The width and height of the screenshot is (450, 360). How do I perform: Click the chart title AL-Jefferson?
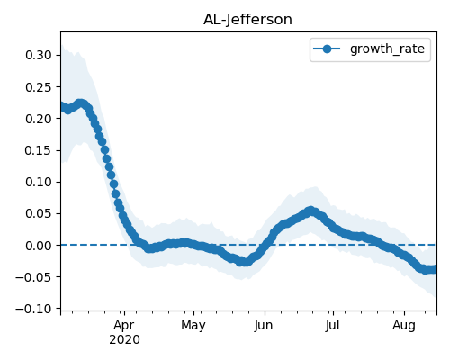pyautogui.click(x=247, y=20)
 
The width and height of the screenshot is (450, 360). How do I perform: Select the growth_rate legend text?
pyautogui.click(x=387, y=49)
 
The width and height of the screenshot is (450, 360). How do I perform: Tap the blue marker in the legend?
pyautogui.click(x=327, y=49)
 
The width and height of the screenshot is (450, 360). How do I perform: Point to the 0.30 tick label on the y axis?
pyautogui.click(x=39, y=55)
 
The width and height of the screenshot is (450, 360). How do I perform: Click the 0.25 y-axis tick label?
pyautogui.click(x=39, y=87)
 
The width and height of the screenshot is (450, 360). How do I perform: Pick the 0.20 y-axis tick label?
pyautogui.click(x=39, y=119)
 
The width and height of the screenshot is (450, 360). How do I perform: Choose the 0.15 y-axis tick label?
pyautogui.click(x=39, y=150)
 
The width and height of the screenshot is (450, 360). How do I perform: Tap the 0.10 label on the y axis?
pyautogui.click(x=39, y=182)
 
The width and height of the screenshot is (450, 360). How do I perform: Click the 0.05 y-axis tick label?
pyautogui.click(x=39, y=213)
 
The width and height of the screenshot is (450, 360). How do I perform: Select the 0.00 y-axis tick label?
pyautogui.click(x=39, y=246)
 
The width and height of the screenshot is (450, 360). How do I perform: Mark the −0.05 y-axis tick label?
pyautogui.click(x=33, y=277)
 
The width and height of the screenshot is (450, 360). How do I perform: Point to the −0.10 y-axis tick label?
pyautogui.click(x=33, y=309)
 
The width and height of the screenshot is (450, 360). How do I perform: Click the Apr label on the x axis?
pyautogui.click(x=124, y=326)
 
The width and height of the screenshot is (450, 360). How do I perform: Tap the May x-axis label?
pyautogui.click(x=193, y=326)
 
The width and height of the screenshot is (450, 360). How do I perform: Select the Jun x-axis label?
pyautogui.click(x=264, y=326)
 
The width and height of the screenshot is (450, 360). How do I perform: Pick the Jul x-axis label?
pyautogui.click(x=332, y=326)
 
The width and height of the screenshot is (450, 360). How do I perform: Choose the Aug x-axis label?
pyautogui.click(x=404, y=326)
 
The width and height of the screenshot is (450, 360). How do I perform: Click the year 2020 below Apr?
pyautogui.click(x=124, y=340)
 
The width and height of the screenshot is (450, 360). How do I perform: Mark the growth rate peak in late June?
pyautogui.click(x=311, y=211)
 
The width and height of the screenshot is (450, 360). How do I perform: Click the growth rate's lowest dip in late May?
pyautogui.click(x=245, y=262)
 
